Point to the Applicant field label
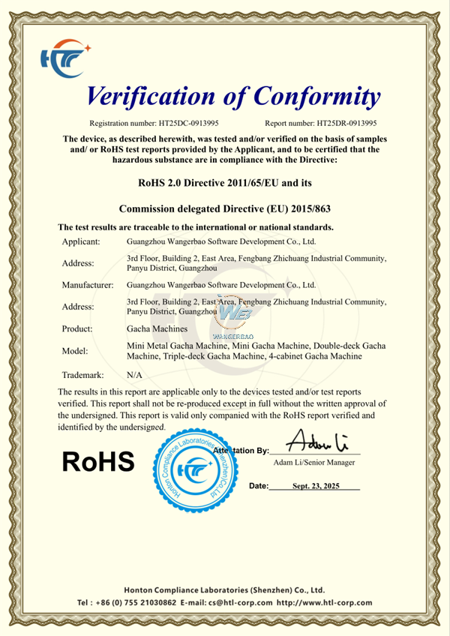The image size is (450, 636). point(82,241)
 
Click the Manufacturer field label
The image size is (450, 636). point(88,285)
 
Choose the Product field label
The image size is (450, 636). point(77,328)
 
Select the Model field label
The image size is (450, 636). point(76,350)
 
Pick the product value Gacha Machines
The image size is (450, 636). point(156,328)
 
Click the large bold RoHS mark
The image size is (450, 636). point(97,461)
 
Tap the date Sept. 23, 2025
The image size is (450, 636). point(316,486)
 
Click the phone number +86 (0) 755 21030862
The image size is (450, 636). point(136,602)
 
